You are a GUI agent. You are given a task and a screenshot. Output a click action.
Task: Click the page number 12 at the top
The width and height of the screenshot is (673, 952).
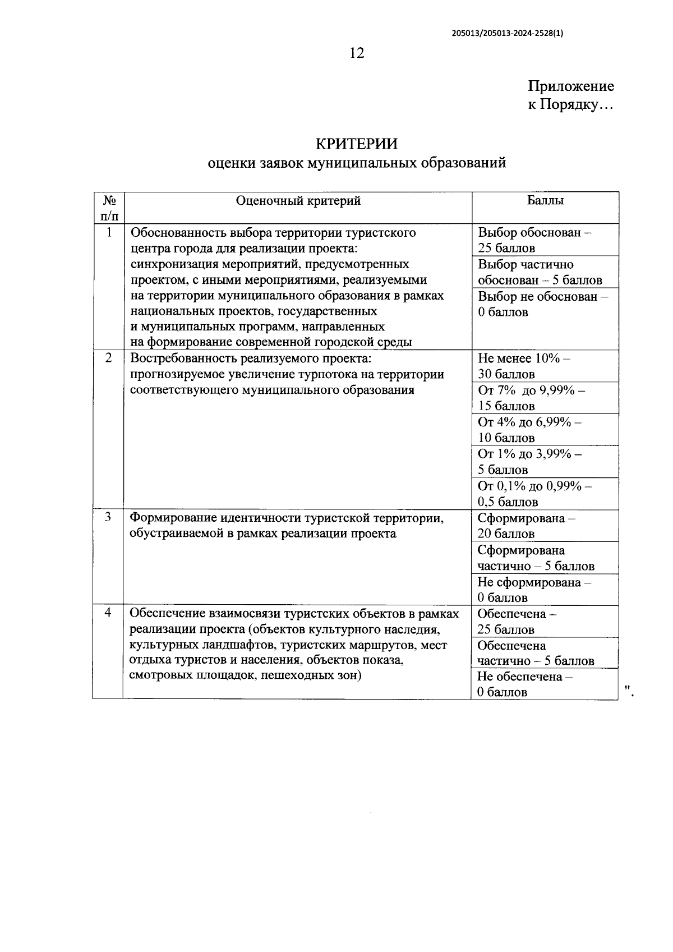click(357, 53)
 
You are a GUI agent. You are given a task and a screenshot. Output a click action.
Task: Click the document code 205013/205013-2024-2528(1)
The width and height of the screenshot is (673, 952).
click(508, 33)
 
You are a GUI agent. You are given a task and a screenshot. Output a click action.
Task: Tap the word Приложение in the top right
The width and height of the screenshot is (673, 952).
click(570, 86)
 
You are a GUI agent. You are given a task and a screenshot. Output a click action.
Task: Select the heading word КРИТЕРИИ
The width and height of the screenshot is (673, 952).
click(357, 144)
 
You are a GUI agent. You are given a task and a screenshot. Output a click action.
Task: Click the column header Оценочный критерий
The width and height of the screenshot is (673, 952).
click(298, 201)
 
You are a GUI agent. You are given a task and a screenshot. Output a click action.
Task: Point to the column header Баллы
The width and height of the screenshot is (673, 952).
click(545, 201)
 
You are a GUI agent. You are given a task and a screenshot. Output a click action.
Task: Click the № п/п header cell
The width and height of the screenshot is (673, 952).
click(109, 208)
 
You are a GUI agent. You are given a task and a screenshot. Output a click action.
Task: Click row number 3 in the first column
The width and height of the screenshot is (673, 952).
click(108, 517)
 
